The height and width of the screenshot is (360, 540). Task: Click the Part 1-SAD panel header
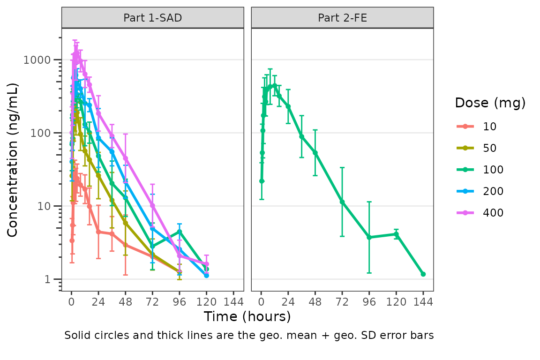click(153, 18)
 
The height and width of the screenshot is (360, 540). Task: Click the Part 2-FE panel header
click(342, 18)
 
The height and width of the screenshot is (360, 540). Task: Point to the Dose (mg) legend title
click(490, 103)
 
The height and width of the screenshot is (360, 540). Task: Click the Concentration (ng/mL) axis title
click(13, 159)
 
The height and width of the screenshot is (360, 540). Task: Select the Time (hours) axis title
click(247, 317)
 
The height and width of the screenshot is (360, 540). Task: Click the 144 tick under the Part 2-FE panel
click(423, 301)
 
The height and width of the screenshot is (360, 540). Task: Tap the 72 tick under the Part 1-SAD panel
click(152, 301)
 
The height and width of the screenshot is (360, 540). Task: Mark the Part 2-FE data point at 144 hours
click(423, 274)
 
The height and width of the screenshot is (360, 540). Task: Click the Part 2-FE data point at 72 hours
click(342, 202)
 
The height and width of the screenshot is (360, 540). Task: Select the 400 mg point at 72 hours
click(152, 205)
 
